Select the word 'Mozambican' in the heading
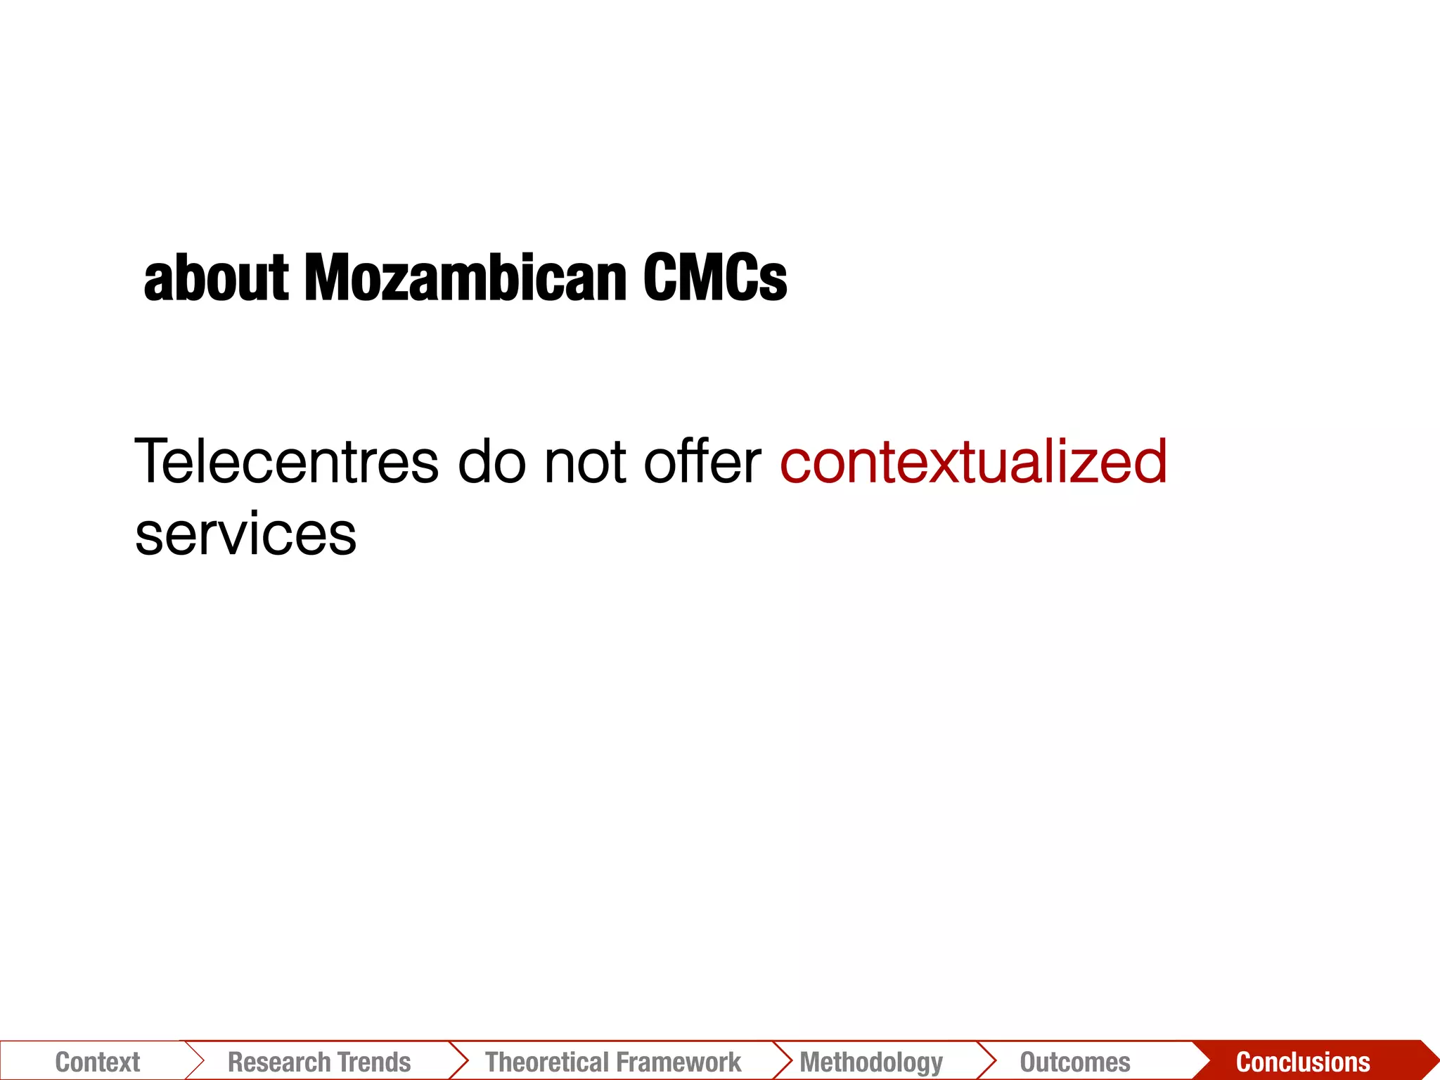click(x=465, y=278)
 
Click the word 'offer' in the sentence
click(x=702, y=462)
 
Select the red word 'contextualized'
click(x=974, y=462)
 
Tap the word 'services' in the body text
click(x=245, y=535)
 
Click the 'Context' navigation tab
click(x=98, y=1062)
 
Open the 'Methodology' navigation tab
click(x=871, y=1062)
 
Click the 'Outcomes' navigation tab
click(x=1075, y=1062)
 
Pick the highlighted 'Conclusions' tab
click(x=1303, y=1062)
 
